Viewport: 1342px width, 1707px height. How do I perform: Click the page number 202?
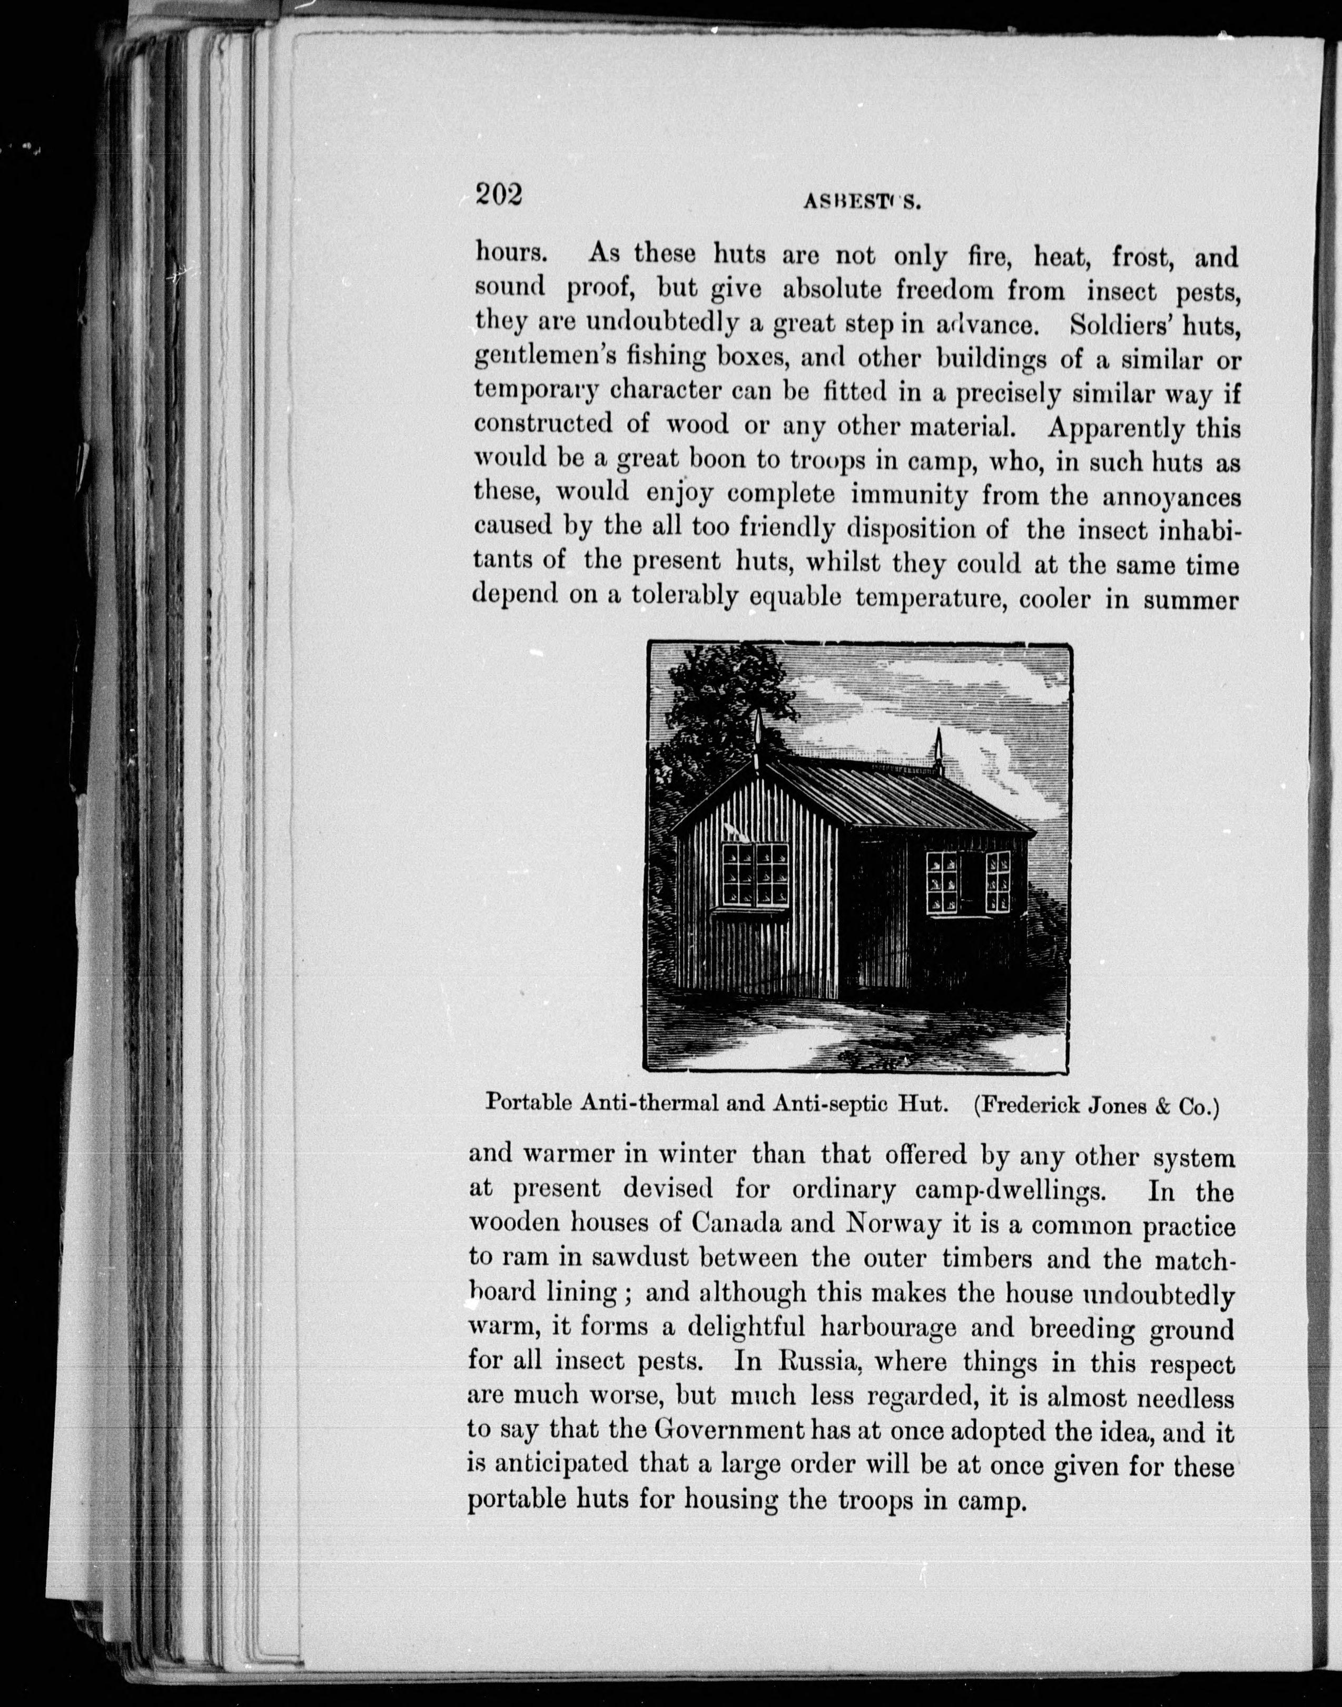point(499,193)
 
